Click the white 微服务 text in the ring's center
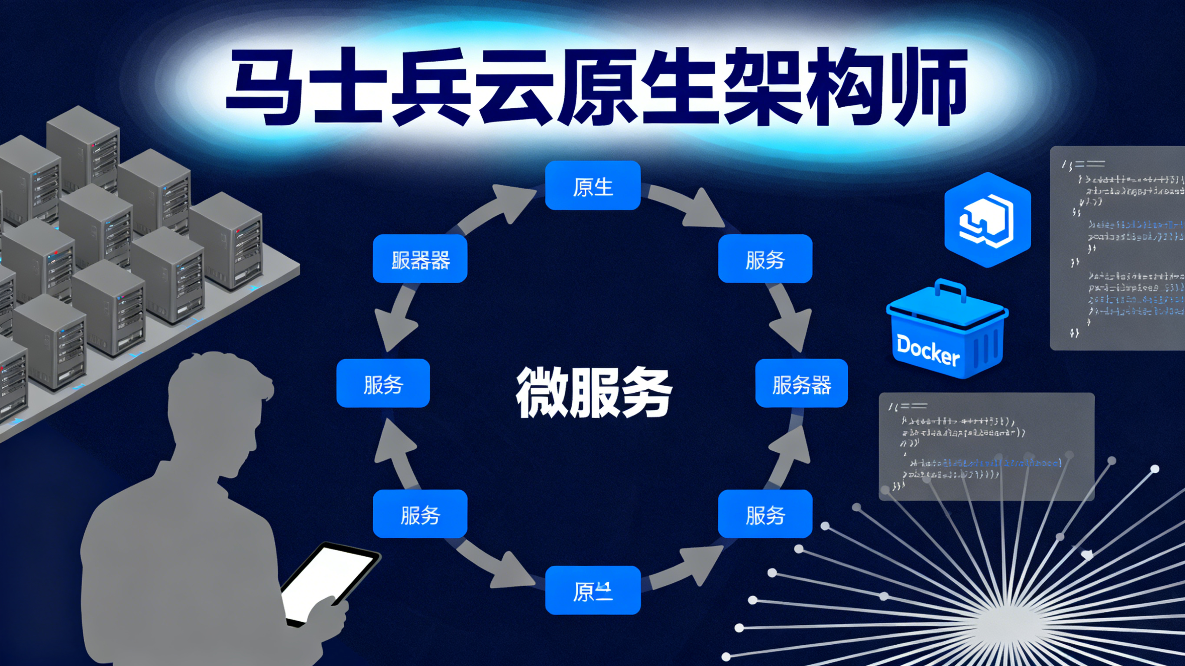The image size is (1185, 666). (x=593, y=392)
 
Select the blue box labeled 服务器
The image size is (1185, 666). (x=801, y=384)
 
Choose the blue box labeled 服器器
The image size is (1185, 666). (x=420, y=259)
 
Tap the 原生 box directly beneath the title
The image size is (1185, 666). (x=592, y=186)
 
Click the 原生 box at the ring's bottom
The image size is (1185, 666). (x=592, y=590)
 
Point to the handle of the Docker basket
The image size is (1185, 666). (x=949, y=290)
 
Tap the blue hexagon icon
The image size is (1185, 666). (x=987, y=220)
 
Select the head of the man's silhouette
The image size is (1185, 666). (x=216, y=400)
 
